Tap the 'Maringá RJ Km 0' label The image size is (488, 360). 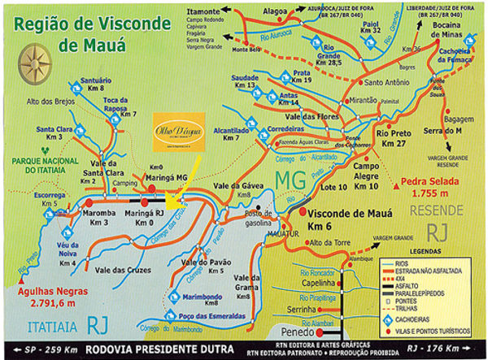coord(145,218)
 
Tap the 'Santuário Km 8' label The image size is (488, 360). coord(96,85)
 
